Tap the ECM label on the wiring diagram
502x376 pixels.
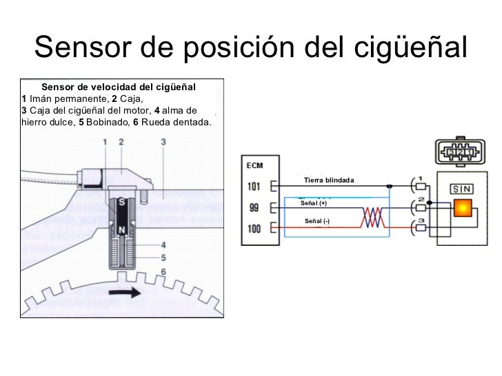point(254,165)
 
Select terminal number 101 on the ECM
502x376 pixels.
point(254,186)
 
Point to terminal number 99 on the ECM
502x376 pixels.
point(254,208)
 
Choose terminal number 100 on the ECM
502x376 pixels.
point(254,229)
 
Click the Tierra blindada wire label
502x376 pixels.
point(328,180)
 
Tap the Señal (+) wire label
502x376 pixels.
point(314,204)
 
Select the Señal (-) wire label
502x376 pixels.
point(317,220)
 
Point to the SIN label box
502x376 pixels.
point(461,189)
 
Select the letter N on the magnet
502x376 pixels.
point(122,229)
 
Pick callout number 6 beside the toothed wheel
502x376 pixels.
point(163,272)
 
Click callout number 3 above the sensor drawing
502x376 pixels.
point(163,142)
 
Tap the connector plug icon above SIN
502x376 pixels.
point(460,152)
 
